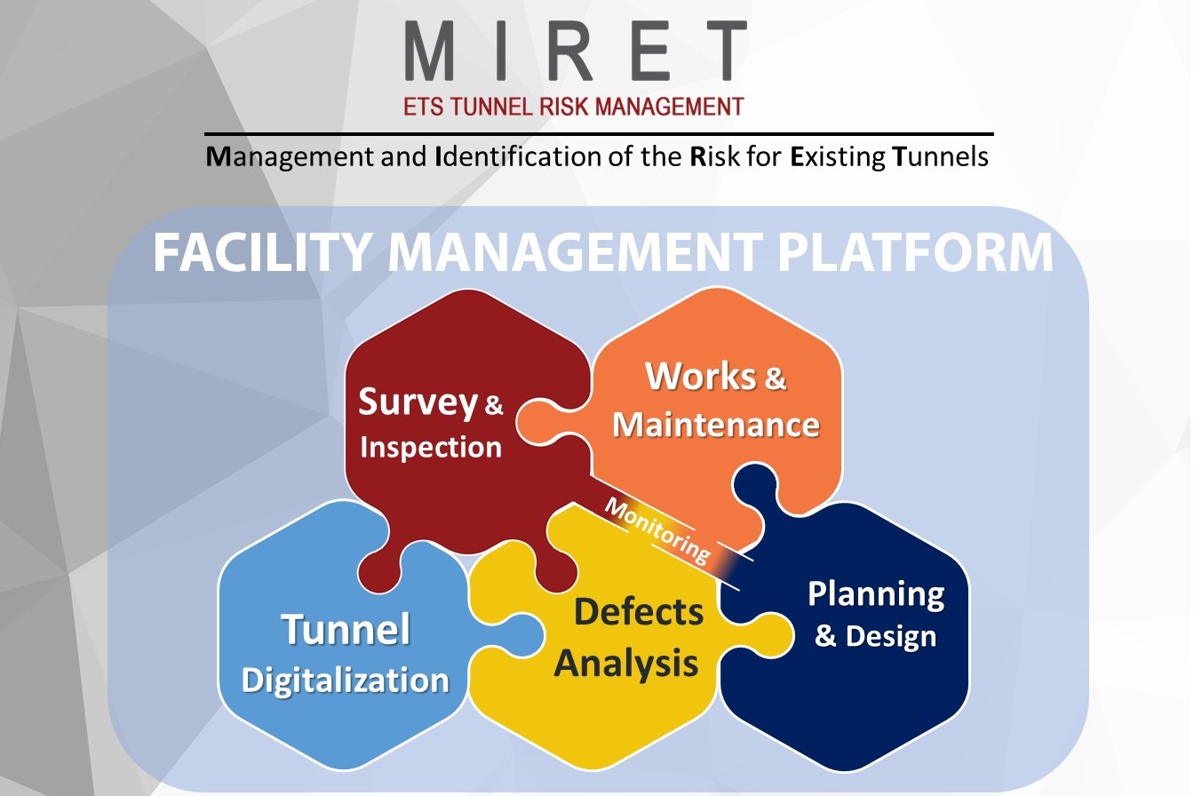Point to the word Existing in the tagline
click(838, 158)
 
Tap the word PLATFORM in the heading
click(916, 253)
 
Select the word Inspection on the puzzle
click(431, 446)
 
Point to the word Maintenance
click(716, 424)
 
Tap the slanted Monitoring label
click(657, 530)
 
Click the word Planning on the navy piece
click(875, 594)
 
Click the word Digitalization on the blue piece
click(345, 681)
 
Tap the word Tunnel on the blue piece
click(346, 630)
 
